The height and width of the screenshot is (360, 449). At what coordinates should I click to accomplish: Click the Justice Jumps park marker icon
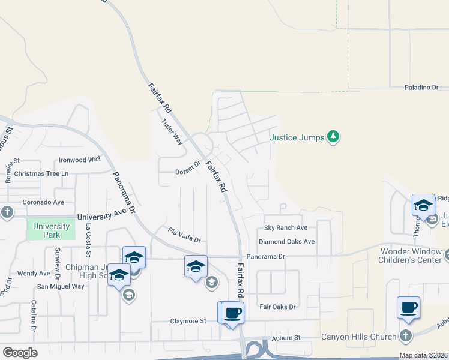(333, 137)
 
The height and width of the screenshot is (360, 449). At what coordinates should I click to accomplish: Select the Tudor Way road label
(172, 131)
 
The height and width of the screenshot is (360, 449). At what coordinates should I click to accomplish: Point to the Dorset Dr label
(187, 171)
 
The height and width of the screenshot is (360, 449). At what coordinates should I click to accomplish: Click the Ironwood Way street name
(79, 160)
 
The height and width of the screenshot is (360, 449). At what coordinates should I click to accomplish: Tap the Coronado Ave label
(43, 202)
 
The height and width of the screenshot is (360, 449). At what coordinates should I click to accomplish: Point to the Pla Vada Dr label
(184, 235)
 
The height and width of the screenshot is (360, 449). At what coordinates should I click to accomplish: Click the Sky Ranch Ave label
(286, 228)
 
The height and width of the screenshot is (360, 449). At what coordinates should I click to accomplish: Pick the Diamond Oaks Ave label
(286, 242)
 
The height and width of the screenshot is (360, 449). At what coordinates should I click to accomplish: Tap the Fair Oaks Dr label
(278, 307)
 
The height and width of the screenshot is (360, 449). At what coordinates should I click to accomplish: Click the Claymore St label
(187, 321)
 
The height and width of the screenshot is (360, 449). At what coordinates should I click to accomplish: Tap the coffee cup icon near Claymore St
(232, 312)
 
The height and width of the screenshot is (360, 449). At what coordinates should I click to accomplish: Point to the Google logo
(20, 352)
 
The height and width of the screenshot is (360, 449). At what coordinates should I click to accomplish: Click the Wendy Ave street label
(34, 273)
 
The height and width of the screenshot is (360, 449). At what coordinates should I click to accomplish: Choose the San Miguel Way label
(61, 286)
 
